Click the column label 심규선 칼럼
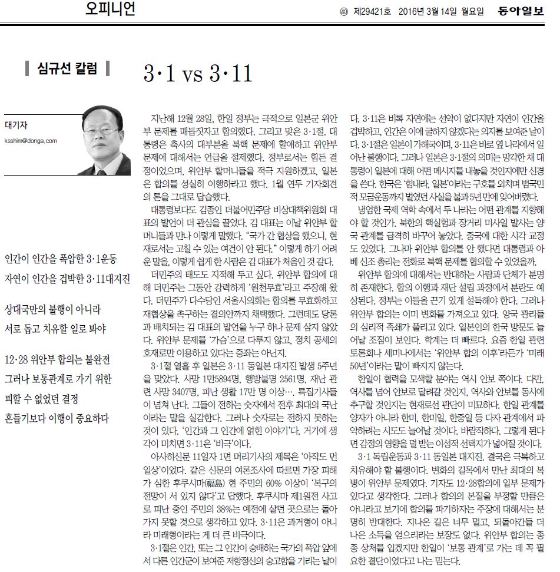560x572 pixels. point(67,68)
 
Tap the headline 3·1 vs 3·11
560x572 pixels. point(198,74)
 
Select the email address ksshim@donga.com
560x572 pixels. point(31,141)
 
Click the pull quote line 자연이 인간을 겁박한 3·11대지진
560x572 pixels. point(67,278)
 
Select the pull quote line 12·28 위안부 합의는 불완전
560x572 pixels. point(57,360)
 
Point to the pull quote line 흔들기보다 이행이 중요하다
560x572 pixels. point(57,419)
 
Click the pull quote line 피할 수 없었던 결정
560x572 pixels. point(45,399)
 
